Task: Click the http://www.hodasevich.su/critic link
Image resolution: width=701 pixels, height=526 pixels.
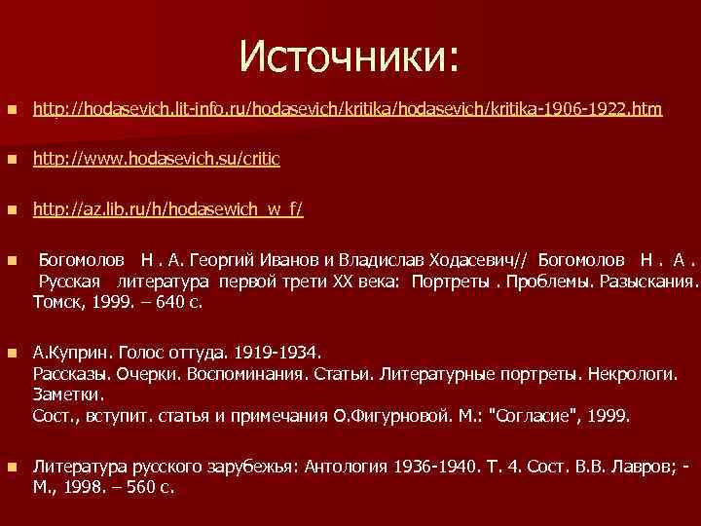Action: coord(157,160)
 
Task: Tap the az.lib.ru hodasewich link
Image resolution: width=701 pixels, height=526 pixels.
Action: coord(167,209)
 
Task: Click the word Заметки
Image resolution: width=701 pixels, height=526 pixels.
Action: coord(66,394)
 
